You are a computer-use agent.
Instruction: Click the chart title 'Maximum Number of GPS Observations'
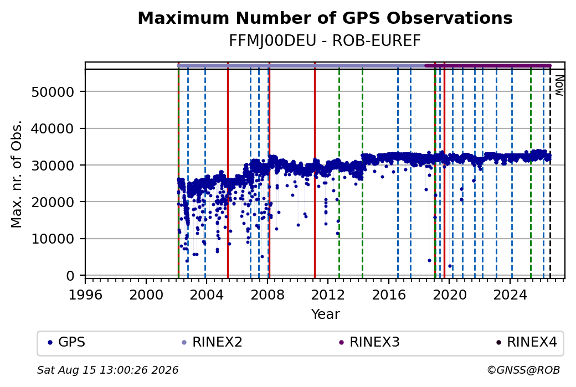click(x=325, y=18)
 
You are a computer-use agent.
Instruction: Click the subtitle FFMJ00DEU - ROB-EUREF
click(x=325, y=41)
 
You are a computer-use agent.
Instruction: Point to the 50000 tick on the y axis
click(x=53, y=92)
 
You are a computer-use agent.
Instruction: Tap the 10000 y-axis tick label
click(x=53, y=239)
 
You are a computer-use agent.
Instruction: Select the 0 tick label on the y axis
click(x=70, y=275)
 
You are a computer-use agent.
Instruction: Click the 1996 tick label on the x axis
click(x=85, y=295)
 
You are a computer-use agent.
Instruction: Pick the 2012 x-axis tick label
click(x=328, y=295)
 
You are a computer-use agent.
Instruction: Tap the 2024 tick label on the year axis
click(x=510, y=295)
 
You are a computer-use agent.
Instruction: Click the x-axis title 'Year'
click(x=326, y=314)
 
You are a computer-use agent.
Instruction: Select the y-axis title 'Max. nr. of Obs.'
click(x=17, y=174)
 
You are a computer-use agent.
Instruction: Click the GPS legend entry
click(x=66, y=342)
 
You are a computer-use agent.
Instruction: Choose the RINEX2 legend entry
click(x=212, y=342)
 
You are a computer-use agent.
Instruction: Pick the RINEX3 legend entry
click(x=369, y=342)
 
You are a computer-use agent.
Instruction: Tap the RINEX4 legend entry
click(x=527, y=342)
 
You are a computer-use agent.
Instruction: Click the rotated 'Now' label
click(x=559, y=85)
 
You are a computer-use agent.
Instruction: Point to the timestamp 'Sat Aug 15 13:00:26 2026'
click(x=107, y=370)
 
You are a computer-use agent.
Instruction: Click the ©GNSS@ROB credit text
click(x=523, y=370)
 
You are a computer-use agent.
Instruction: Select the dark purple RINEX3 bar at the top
click(x=488, y=66)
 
